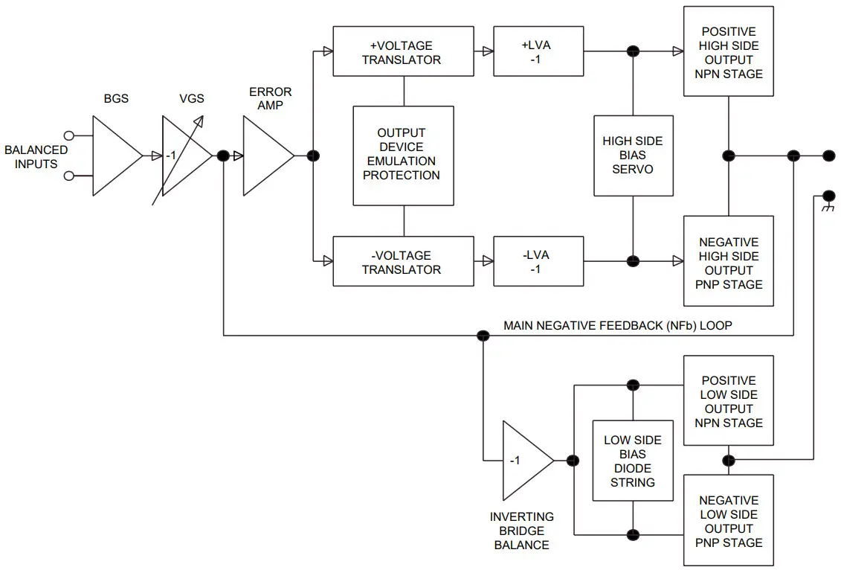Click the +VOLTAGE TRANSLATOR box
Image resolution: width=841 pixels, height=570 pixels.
pos(402,51)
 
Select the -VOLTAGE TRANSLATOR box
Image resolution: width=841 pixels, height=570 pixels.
pos(402,261)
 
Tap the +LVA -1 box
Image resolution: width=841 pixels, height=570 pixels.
pos(538,51)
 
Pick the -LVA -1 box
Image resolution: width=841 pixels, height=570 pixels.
pos(538,261)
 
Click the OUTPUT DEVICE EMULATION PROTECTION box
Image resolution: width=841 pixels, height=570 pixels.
pos(403,155)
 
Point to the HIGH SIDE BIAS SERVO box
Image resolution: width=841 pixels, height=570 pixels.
pos(633,156)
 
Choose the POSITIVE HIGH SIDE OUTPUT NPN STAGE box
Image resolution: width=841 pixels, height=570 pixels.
pos(729,51)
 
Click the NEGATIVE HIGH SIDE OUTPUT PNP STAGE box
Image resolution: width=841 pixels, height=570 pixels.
pos(729,262)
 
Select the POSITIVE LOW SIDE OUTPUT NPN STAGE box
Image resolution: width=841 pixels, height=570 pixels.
pos(729,400)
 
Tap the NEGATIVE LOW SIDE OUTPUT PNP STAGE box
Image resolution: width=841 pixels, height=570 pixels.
pos(729,520)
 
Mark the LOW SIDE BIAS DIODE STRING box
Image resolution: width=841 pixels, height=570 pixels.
pos(633,461)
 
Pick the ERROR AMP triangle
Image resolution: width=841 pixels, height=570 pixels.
pos(265,156)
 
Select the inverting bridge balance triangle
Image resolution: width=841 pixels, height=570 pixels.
pos(524,461)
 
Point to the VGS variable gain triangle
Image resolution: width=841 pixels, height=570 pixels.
pos(184,156)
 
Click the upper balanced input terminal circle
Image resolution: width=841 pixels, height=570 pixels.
pos(69,135)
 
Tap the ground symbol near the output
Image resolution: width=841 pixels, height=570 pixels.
pos(827,205)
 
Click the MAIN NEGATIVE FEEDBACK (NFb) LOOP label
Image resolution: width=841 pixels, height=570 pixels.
pos(618,325)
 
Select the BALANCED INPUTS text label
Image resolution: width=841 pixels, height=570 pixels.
pos(36,156)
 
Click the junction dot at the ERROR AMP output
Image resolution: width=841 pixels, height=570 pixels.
pos(313,156)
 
